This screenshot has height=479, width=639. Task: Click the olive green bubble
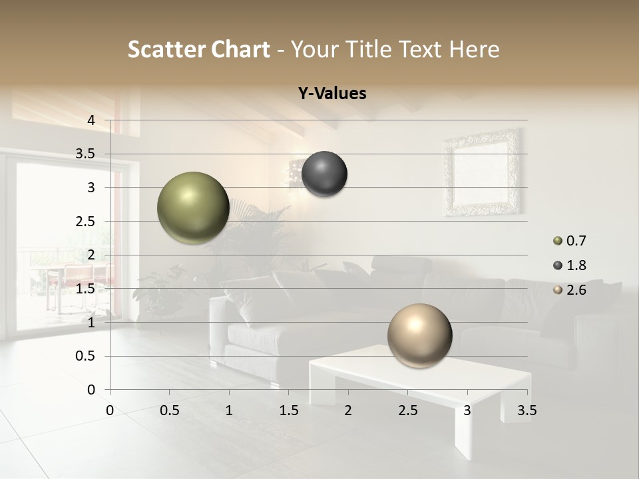pyautogui.click(x=193, y=208)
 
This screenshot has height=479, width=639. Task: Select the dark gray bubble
pyautogui.click(x=324, y=174)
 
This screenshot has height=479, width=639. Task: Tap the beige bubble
pyautogui.click(x=419, y=335)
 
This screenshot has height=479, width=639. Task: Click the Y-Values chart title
pyautogui.click(x=332, y=94)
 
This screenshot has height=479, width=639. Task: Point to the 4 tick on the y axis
pyautogui.click(x=92, y=120)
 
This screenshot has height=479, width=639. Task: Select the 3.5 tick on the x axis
pyautogui.click(x=527, y=410)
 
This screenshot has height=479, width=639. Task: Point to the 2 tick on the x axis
pyautogui.click(x=348, y=410)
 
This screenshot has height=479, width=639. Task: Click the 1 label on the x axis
pyautogui.click(x=229, y=410)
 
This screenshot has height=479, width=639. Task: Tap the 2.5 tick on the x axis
pyautogui.click(x=407, y=410)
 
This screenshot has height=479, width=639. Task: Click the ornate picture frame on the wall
pyautogui.click(x=483, y=172)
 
